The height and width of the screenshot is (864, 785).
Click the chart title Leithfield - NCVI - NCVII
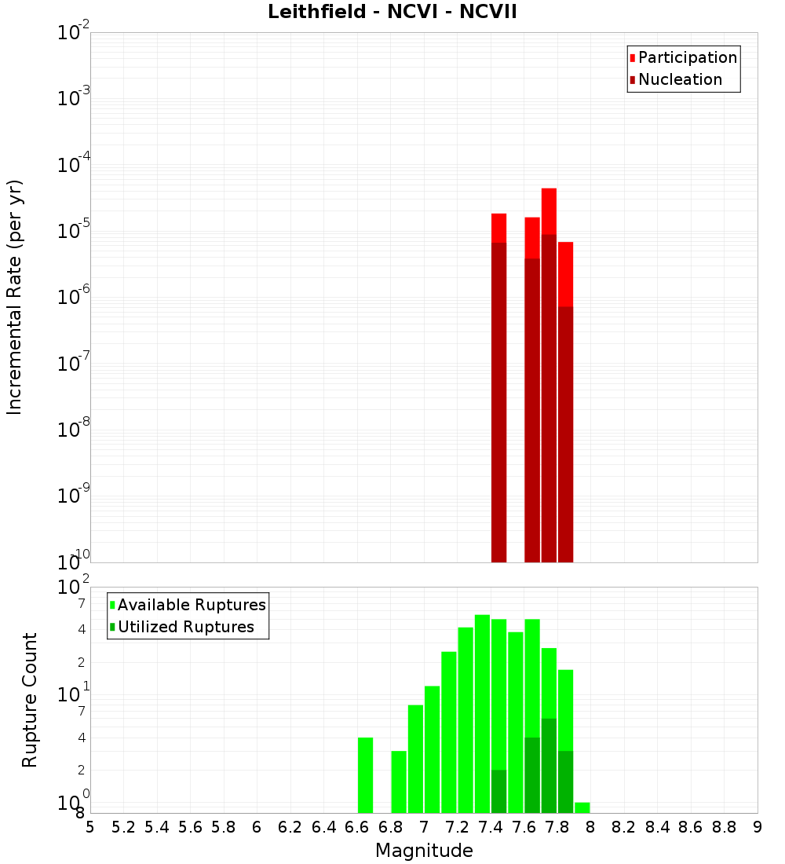click(392, 13)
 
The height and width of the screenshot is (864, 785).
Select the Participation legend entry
click(687, 57)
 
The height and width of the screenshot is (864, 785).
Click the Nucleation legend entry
click(680, 79)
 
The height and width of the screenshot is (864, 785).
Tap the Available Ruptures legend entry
click(192, 605)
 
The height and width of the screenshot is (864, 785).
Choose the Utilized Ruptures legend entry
click(185, 627)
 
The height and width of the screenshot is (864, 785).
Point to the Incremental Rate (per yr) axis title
click(15, 297)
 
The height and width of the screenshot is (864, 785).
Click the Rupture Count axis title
click(30, 700)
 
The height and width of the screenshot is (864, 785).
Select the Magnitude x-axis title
click(424, 851)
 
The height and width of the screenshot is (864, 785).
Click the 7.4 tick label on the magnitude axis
click(491, 827)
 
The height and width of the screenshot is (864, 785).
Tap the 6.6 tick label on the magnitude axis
click(357, 827)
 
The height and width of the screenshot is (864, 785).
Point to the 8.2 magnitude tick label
click(624, 827)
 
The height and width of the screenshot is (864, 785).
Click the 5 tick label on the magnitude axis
click(90, 827)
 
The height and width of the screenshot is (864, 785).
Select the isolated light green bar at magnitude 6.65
click(365, 775)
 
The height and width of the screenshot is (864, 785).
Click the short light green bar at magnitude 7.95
click(582, 807)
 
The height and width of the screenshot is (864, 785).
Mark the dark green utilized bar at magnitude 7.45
click(498, 792)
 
